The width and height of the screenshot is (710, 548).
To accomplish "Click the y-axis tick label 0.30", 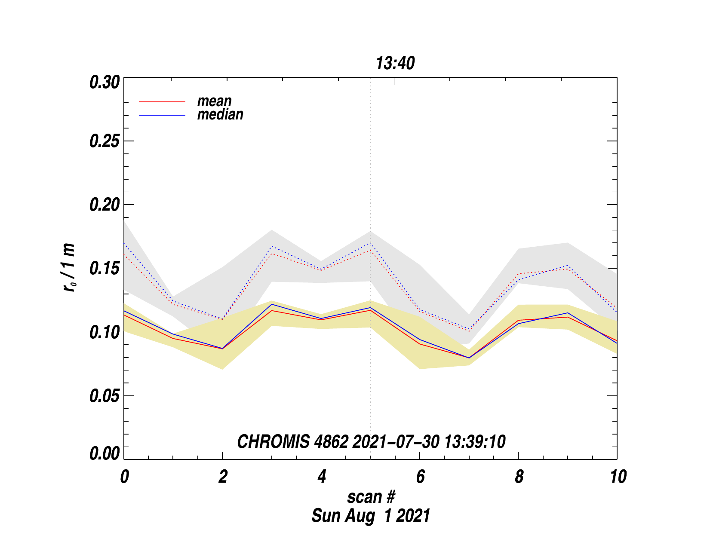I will point(104,82).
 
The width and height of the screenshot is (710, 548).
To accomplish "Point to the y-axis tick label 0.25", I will point(104,141).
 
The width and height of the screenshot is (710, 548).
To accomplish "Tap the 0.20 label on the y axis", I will point(104,205).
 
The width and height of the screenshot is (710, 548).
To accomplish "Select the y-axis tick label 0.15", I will point(104,269).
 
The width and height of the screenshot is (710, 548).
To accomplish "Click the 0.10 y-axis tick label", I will point(104,332).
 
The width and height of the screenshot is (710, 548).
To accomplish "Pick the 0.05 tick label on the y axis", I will point(104,396).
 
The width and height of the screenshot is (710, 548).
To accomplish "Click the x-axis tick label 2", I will point(223,477).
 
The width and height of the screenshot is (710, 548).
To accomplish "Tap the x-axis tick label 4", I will point(322,477).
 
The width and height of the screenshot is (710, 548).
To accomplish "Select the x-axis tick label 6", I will point(420,477).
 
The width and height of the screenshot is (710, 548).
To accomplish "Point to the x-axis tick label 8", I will point(519,477).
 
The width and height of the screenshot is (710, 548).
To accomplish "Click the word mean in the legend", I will point(214,101).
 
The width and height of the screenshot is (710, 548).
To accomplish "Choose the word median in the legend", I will point(220,114).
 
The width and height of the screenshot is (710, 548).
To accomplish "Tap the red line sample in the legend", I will point(162,102).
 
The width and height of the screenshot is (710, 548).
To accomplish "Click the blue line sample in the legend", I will point(162,115).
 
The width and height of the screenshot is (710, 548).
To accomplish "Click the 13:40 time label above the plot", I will point(395,64).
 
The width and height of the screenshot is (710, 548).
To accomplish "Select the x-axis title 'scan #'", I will point(371,497).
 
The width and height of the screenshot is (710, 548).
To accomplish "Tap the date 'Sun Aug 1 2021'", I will point(371,515).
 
